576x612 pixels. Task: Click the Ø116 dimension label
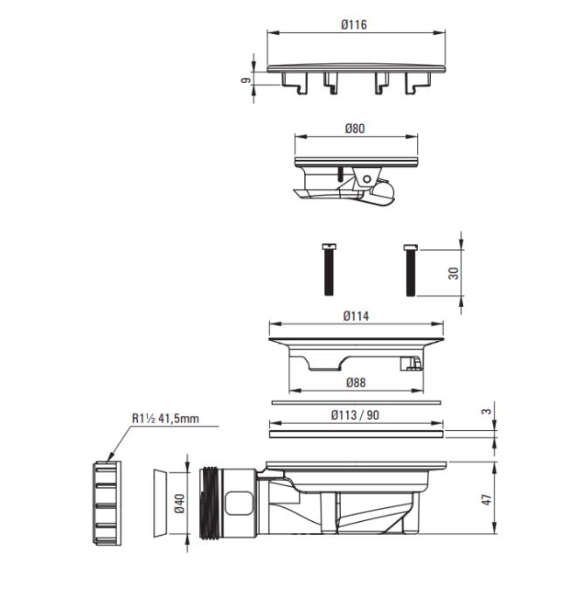point(354,24)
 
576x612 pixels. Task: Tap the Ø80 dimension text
point(355,129)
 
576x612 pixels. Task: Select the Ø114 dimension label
point(356,316)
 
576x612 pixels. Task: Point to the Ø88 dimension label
point(356,383)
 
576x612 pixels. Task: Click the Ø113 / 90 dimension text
point(355,415)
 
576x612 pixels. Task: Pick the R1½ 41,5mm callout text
point(165,419)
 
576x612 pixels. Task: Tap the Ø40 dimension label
point(180,504)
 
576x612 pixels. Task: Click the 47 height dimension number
point(487,499)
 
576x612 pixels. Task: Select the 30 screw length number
point(454,273)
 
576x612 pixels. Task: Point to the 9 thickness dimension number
point(246,80)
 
